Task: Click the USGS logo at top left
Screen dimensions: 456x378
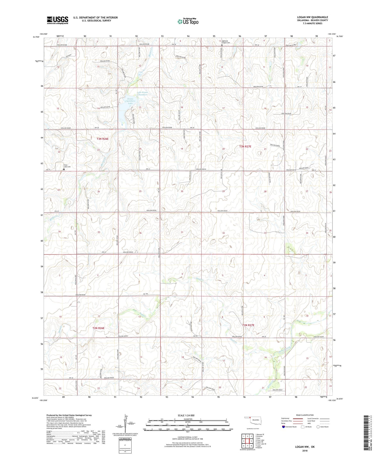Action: tap(57, 20)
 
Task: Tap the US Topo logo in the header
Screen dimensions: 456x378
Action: tap(188, 22)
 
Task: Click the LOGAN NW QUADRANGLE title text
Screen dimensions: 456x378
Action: tap(312, 17)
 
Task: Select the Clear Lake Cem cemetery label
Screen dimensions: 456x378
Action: tap(67, 166)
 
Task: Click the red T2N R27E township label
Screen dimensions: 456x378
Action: tap(248, 325)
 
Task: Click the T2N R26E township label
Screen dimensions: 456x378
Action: tap(98, 328)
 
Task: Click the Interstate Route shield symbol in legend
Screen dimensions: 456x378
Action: tap(283, 427)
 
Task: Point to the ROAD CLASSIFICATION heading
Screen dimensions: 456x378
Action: tap(305, 415)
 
